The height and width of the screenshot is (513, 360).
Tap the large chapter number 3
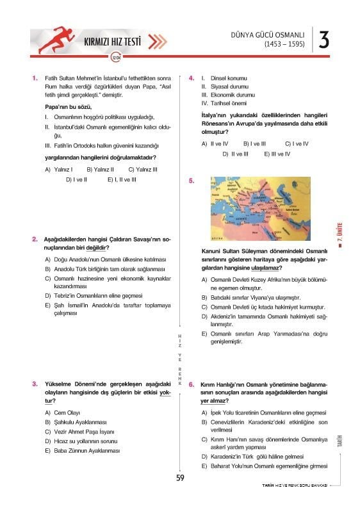323,40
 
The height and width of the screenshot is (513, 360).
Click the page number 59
180,476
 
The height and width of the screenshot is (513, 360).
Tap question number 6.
192,377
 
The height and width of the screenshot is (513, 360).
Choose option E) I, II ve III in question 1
122,180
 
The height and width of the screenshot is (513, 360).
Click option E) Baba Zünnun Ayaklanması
83,451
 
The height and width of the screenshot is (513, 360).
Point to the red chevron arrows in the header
157,43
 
